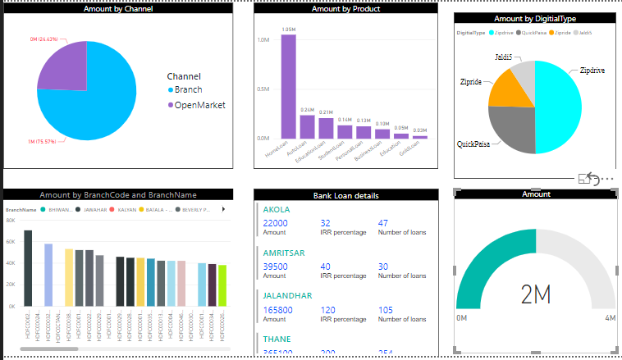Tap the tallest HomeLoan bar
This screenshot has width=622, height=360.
pos(288,87)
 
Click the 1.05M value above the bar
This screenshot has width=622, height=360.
pos(288,30)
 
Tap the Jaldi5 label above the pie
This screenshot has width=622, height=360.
pos(504,57)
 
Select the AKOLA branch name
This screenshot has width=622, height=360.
pos(277,209)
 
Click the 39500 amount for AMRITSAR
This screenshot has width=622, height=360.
pos(275,267)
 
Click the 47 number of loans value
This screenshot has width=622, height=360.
pos(382,223)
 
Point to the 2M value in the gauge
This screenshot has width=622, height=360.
pos(535,292)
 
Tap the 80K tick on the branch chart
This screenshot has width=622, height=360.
pos(10,221)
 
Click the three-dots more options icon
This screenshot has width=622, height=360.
pos(607,179)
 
